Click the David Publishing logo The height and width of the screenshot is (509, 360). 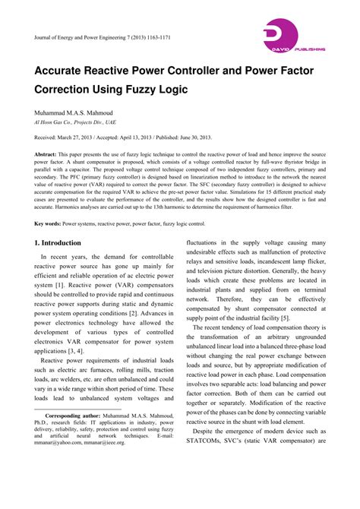(292, 37)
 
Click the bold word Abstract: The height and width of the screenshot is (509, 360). (50, 154)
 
